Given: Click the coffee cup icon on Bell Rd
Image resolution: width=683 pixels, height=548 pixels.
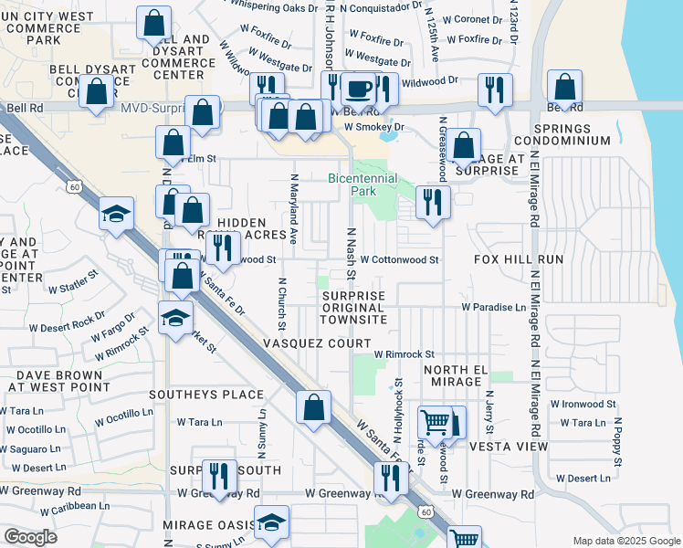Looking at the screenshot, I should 359,90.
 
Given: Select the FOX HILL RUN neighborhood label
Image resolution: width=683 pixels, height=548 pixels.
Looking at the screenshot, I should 518,259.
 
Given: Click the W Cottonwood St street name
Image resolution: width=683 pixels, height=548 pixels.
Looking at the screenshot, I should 399,259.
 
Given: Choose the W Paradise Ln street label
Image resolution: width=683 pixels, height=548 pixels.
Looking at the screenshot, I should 493,308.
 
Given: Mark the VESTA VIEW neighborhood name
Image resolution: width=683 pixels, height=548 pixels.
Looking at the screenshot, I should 508,447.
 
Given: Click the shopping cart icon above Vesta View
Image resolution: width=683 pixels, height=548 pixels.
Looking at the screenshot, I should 435,422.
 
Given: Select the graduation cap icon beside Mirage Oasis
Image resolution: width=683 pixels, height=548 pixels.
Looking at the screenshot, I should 271,522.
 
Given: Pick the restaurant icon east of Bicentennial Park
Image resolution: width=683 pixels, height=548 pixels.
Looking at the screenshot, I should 433,201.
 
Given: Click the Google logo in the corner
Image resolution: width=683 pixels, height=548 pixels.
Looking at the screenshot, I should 30,537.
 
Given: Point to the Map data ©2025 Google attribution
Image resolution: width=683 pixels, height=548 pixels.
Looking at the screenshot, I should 625,541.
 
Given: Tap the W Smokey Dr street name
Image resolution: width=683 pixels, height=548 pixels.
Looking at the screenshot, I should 374,127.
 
